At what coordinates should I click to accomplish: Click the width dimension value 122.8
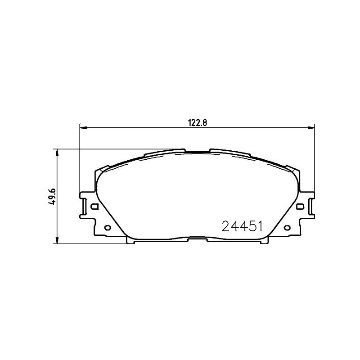tap(198, 123)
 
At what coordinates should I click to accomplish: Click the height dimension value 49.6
tap(52, 197)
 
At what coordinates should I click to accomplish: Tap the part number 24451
tap(242, 226)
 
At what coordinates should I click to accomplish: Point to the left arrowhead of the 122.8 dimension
tap(83, 127)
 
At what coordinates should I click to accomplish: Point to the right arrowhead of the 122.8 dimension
tap(311, 127)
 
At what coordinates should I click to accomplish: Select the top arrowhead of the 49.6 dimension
tap(57, 153)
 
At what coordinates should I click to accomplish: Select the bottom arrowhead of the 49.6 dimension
tap(57, 240)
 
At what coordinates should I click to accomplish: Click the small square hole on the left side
tap(94, 207)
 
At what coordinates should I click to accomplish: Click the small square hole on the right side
tap(300, 207)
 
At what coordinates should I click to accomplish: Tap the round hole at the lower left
tap(108, 228)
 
